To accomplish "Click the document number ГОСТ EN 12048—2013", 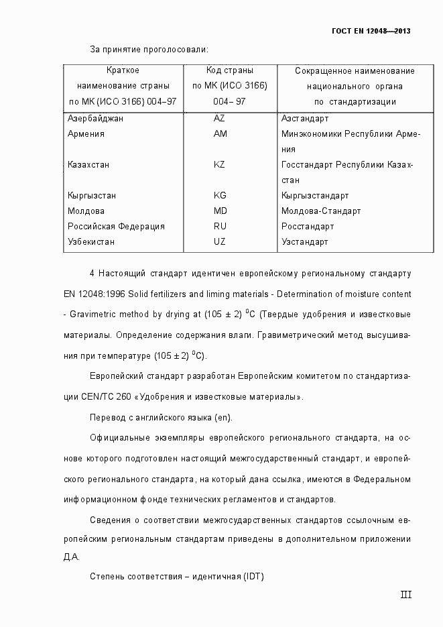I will click(x=371, y=32).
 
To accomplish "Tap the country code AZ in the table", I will click(x=220, y=118).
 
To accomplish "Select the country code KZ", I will click(x=220, y=164).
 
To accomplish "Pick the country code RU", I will click(x=220, y=226).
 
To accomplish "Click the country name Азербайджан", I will click(x=95, y=118).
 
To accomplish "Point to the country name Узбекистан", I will click(x=91, y=241).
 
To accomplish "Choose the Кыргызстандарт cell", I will click(x=315, y=196).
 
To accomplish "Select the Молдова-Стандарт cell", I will click(x=321, y=211).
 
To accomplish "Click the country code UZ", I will click(x=220, y=241).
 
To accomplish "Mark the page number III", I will click(x=405, y=594).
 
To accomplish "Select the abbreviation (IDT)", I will click(x=254, y=576).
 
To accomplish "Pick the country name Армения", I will click(x=86, y=133).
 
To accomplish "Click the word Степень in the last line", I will click(x=107, y=576).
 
